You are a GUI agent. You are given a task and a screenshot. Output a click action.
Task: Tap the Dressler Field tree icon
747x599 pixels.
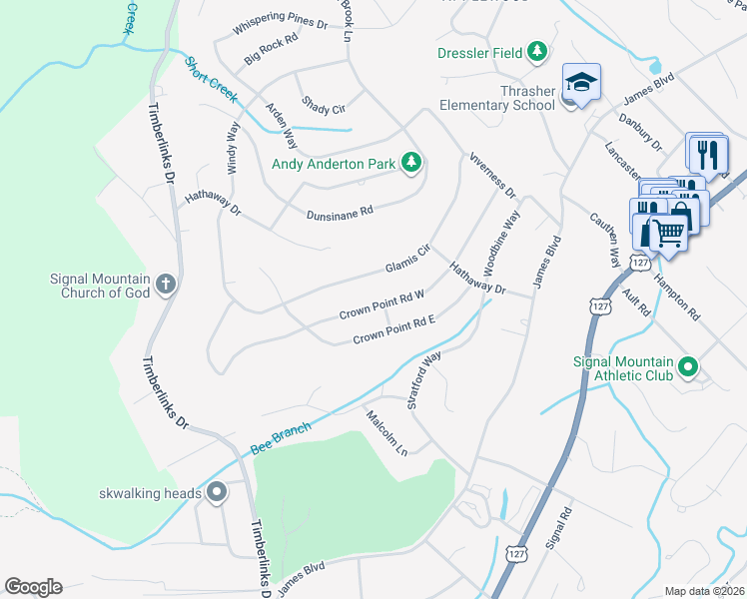pyautogui.click(x=537, y=52)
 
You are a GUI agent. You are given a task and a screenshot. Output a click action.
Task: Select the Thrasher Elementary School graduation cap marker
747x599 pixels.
pyautogui.click(x=580, y=83)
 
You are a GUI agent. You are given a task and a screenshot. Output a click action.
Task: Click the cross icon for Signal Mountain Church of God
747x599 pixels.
pyautogui.click(x=166, y=286)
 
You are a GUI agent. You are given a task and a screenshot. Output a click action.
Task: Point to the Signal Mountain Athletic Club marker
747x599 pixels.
pyautogui.click(x=687, y=368)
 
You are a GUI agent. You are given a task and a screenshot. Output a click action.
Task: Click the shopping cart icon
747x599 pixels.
pyautogui.click(x=669, y=233)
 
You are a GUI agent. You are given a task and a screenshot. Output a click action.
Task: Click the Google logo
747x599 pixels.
pyautogui.click(x=33, y=587)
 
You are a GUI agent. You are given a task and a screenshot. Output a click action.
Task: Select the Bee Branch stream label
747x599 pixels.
pyautogui.click(x=281, y=438)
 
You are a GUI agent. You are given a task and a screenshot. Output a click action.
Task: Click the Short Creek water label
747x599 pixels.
pyautogui.click(x=210, y=79)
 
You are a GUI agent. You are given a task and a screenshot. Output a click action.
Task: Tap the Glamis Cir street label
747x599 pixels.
pyautogui.click(x=407, y=260)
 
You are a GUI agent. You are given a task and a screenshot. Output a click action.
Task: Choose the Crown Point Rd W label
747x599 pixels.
pyautogui.click(x=382, y=304)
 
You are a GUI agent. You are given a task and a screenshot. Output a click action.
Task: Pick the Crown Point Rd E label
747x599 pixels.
pyautogui.click(x=396, y=330)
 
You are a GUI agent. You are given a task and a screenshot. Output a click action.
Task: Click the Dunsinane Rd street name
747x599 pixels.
pyautogui.click(x=340, y=212)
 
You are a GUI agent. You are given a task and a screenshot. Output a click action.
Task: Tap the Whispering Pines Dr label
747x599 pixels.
pyautogui.click(x=280, y=25)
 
